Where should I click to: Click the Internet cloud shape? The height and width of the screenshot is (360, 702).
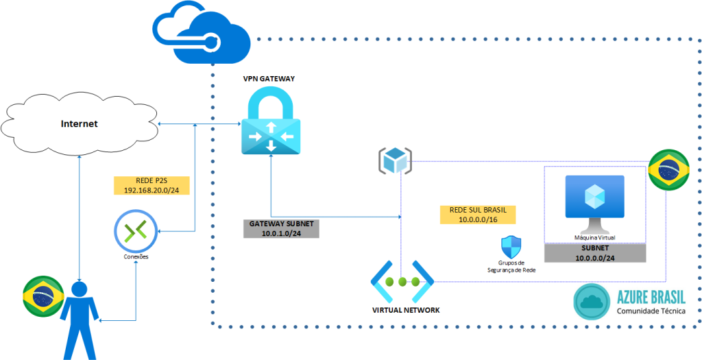(x=79, y=124)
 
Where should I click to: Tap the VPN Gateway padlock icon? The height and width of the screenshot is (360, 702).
(x=271, y=123)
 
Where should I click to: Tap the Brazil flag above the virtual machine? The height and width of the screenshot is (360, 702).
(x=668, y=169)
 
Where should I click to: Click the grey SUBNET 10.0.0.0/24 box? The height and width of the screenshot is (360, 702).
(x=594, y=253)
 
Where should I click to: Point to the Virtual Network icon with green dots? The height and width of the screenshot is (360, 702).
(x=402, y=281)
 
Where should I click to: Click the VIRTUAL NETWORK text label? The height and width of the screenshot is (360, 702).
(x=406, y=310)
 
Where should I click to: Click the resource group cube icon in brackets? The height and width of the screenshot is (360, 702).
(x=395, y=160)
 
